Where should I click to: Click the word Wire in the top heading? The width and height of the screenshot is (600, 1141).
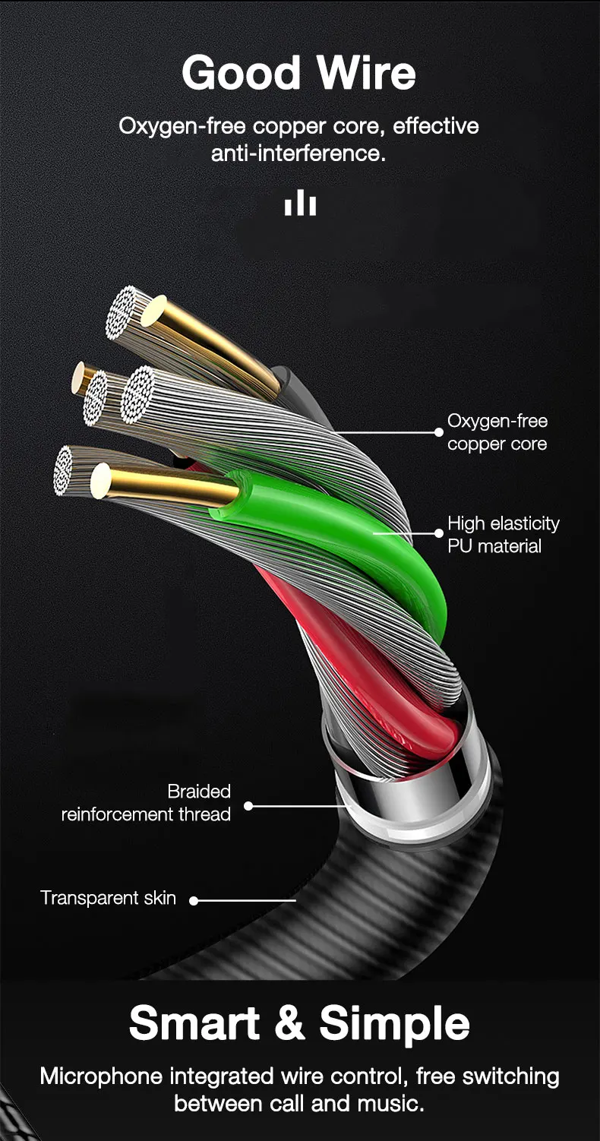tap(366, 74)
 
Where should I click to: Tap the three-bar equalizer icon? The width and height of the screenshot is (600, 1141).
tap(300, 203)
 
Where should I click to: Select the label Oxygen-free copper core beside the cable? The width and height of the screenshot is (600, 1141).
tap(497, 432)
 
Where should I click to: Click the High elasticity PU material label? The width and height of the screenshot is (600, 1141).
tap(503, 535)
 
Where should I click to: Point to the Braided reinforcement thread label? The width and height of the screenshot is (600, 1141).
tap(146, 803)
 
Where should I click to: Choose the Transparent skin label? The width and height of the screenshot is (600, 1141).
tap(108, 898)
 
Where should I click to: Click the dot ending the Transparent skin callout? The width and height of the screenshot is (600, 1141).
tap(194, 901)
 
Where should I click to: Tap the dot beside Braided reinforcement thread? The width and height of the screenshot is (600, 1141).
tap(248, 805)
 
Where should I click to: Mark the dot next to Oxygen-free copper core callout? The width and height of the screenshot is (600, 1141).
tap(438, 432)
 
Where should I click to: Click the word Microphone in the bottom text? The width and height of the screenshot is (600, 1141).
tap(101, 1076)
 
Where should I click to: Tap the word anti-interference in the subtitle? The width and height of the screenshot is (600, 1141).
tap(298, 153)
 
